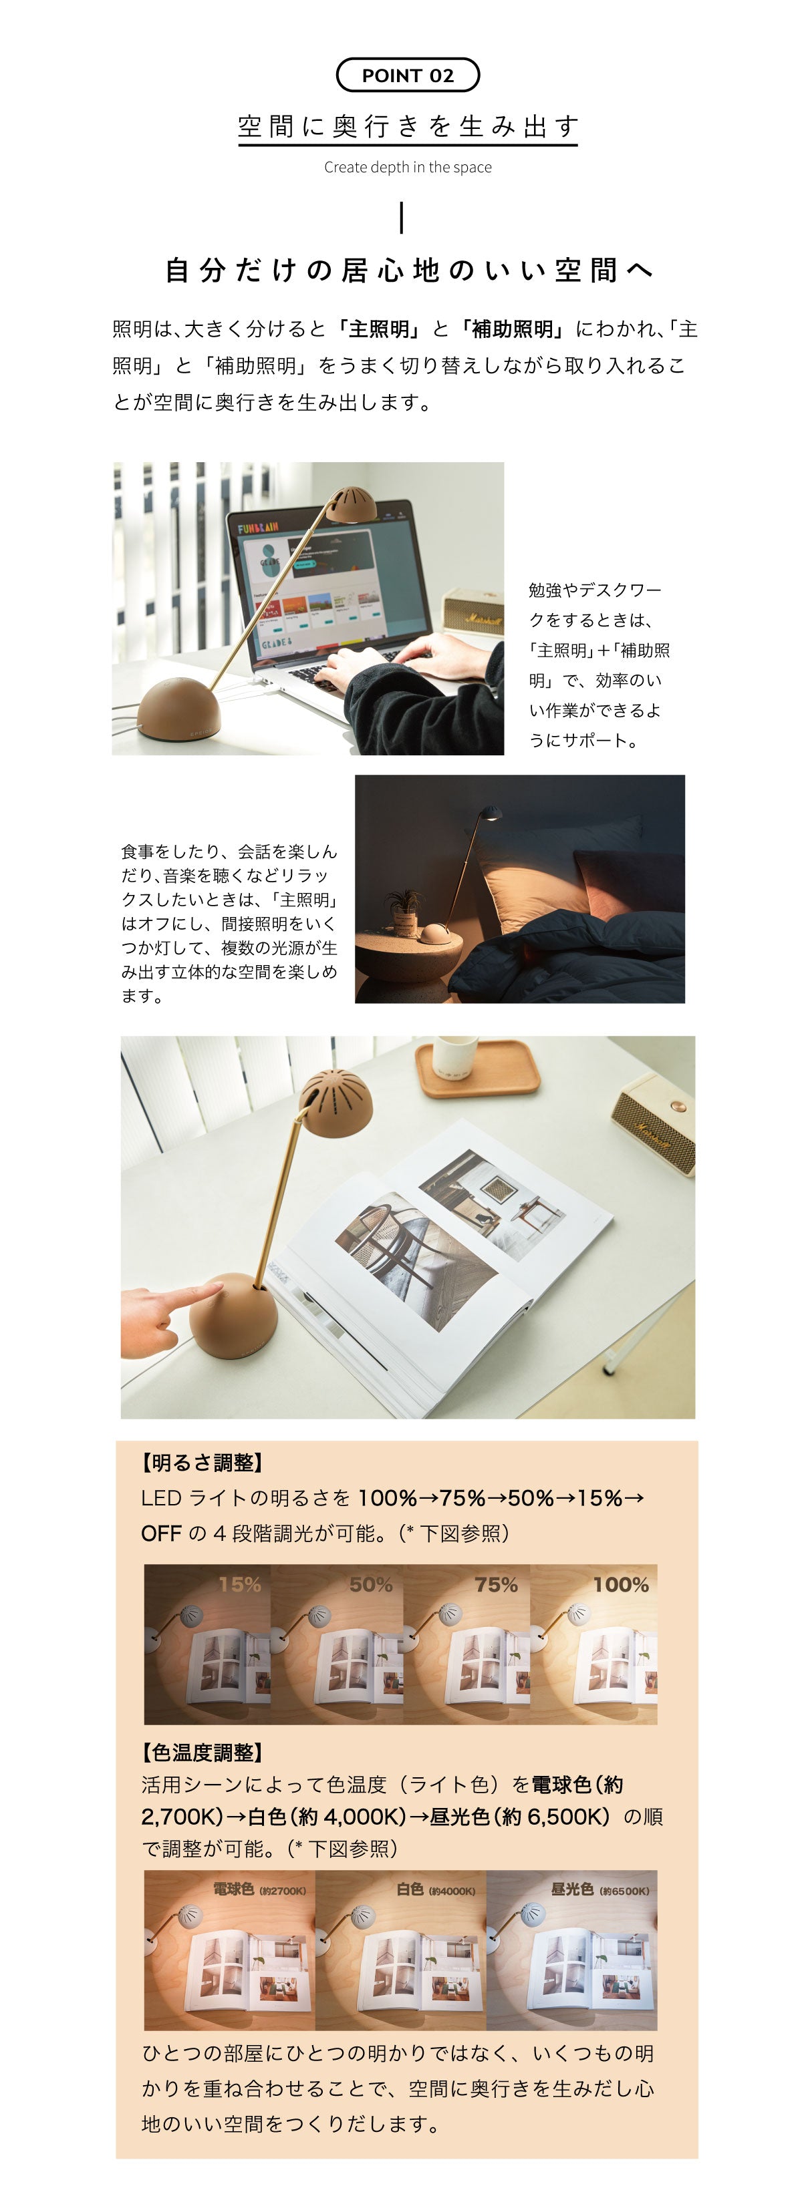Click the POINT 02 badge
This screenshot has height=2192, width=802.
click(x=408, y=75)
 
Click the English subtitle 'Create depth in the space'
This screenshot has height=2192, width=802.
click(x=408, y=167)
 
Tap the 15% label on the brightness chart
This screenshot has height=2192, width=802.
click(x=239, y=1584)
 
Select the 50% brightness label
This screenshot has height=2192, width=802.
click(x=371, y=1584)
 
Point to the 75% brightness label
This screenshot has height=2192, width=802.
click(x=497, y=1584)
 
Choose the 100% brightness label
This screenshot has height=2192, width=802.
click(x=622, y=1584)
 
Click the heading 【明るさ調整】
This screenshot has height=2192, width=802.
click(x=203, y=1463)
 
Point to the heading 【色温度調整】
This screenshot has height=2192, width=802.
click(x=203, y=1752)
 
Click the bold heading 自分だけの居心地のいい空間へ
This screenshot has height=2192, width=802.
click(x=408, y=270)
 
